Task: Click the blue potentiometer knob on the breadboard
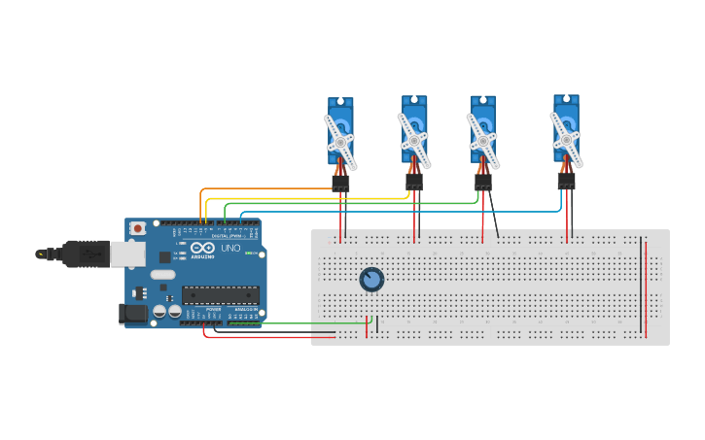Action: [x=371, y=280]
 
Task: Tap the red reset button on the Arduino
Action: [x=138, y=228]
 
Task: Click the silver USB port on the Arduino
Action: [x=127, y=254]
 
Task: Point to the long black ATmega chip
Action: [x=220, y=295]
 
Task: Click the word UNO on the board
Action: [x=230, y=249]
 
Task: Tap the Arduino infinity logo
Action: [x=202, y=248]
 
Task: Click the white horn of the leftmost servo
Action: [x=340, y=142]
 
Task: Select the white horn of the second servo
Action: [x=414, y=140]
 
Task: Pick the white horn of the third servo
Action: [x=483, y=141]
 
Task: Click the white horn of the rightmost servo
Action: [x=566, y=139]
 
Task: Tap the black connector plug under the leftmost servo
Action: [x=340, y=183]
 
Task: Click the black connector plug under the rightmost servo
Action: [x=566, y=181]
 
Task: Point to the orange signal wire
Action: [x=263, y=189]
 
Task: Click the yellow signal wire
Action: [x=292, y=198]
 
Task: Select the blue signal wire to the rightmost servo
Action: [x=389, y=211]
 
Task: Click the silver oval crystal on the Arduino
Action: [x=162, y=275]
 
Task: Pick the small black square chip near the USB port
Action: [x=164, y=257]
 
